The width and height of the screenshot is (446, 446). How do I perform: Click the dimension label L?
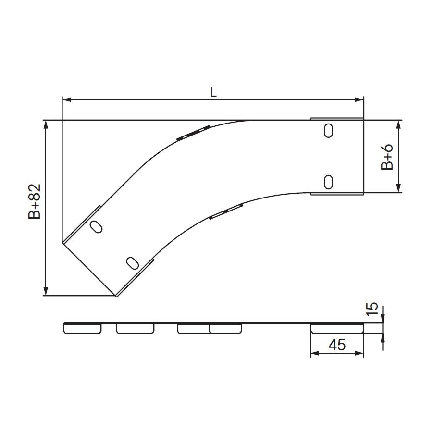[x=213, y=92]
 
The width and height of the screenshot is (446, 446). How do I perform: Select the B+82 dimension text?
[x=35, y=201]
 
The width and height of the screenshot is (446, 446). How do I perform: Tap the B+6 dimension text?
[x=387, y=157]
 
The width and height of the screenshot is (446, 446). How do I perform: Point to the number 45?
[x=337, y=345]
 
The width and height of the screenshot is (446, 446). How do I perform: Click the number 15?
[x=372, y=309]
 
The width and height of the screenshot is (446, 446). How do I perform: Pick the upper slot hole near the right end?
[x=329, y=131]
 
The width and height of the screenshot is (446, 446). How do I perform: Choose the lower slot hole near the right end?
[x=329, y=182]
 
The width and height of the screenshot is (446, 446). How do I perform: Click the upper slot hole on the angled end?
[x=96, y=226]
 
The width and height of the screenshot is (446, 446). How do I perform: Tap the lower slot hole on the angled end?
[x=132, y=263]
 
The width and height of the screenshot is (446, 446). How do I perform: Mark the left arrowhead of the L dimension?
[x=66, y=99]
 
